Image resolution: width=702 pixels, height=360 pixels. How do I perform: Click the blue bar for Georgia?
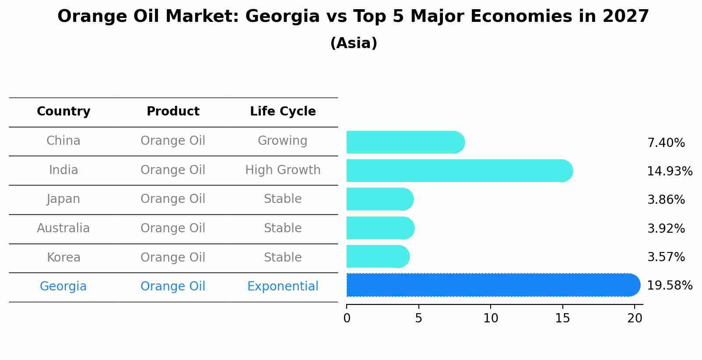click(492, 285)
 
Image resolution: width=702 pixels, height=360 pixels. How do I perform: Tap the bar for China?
click(405, 143)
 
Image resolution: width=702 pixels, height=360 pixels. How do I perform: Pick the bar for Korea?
click(377, 257)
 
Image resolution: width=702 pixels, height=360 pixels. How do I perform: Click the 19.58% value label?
click(669, 286)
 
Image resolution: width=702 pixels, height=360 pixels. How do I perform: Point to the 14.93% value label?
click(669, 171)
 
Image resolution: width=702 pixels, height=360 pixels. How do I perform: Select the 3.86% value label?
click(666, 200)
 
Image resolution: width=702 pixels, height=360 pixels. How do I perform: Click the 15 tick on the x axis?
click(562, 318)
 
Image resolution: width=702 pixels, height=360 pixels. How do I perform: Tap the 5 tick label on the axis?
click(418, 318)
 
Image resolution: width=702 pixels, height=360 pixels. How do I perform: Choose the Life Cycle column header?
click(283, 112)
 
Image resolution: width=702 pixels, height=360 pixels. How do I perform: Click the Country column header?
click(63, 112)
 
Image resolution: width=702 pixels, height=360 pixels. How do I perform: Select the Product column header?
click(173, 112)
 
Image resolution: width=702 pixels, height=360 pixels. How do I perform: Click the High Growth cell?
click(283, 170)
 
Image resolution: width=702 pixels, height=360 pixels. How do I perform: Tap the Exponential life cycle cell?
click(283, 287)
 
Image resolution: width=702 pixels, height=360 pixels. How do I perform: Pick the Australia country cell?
click(63, 228)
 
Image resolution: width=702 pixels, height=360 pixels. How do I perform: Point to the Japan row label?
click(63, 199)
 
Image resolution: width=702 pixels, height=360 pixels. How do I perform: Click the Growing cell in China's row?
click(283, 141)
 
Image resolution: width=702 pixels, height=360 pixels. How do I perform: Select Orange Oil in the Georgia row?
click(173, 287)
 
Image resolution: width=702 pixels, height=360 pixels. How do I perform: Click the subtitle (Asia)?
click(354, 43)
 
